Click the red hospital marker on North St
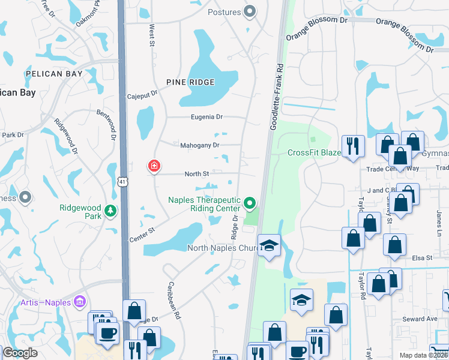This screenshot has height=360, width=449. pos(154,166)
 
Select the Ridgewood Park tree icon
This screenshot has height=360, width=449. pos(110,211)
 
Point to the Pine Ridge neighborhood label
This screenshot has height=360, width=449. pos(191,82)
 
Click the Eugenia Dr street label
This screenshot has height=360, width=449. pos(206,117)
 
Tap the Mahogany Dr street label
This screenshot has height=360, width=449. pos(200,145)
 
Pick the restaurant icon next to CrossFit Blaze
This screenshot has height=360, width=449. pos(352,145)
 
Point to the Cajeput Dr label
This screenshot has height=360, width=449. pos(142,95)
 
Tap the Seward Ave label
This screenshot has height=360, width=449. pos(420,319)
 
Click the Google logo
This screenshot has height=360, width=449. pos(20,353)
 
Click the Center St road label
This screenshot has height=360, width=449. pos(142,235)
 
